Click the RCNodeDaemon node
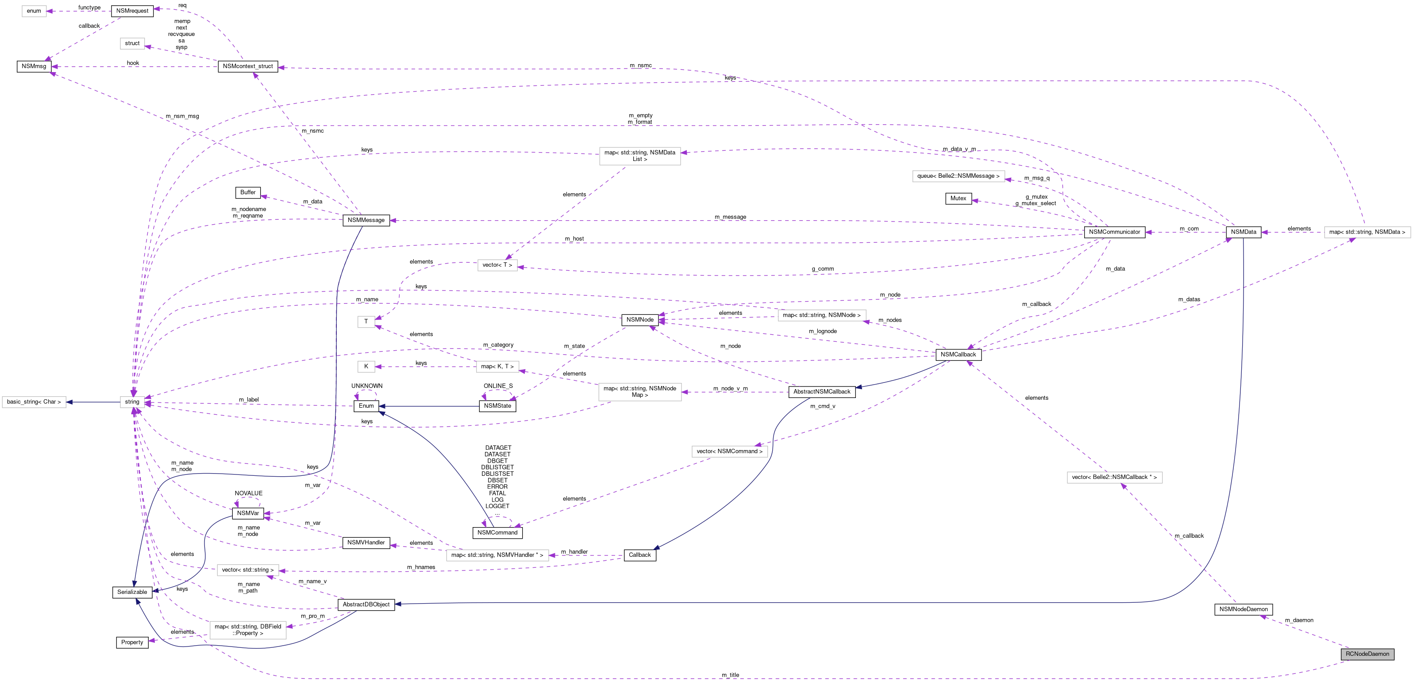click(x=1367, y=654)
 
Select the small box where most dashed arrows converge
click(x=132, y=402)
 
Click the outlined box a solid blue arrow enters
click(x=34, y=402)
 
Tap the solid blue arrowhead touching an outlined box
click(x=69, y=402)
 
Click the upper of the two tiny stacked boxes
click(x=366, y=322)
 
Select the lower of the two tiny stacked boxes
click(x=366, y=367)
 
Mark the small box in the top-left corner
click(x=34, y=11)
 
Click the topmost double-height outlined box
click(x=639, y=156)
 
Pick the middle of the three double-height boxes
click(x=639, y=392)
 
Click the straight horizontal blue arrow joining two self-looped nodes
click(x=428, y=406)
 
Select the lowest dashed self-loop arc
click(x=497, y=518)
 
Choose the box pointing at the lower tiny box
click(x=497, y=367)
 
